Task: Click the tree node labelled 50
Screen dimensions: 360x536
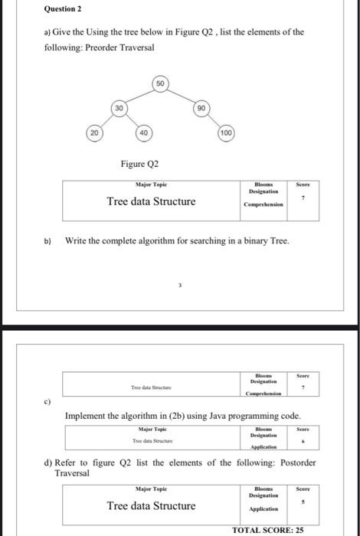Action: click(x=160, y=82)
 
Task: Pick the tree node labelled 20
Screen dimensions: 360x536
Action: click(x=93, y=133)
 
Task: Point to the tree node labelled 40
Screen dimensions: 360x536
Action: click(x=143, y=133)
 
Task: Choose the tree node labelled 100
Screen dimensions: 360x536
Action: click(x=225, y=133)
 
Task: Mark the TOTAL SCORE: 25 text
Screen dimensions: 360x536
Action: click(x=268, y=530)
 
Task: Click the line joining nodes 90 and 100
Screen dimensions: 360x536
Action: click(x=214, y=120)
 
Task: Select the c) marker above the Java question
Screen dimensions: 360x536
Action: click(x=47, y=401)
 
